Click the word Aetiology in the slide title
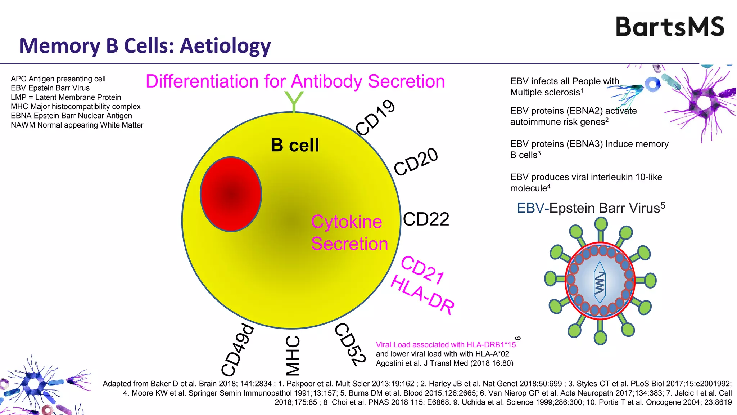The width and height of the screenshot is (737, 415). point(225,46)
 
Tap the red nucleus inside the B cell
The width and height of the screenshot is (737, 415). point(231,194)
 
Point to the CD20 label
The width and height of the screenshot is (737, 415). point(416,162)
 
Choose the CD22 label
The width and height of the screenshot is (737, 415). point(426,219)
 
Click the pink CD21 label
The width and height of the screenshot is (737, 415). point(422,270)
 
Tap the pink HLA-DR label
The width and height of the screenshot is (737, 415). point(422,294)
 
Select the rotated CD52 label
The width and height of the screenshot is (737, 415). point(350,344)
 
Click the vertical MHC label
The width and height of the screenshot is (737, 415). point(293,356)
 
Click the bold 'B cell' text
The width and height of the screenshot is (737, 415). point(295,145)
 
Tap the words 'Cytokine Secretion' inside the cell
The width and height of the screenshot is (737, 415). point(349,233)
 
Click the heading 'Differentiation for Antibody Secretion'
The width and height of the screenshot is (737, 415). point(295,81)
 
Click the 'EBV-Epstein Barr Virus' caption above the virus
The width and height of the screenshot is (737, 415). point(591,208)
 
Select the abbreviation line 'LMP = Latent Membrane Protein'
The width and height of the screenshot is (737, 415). point(66,97)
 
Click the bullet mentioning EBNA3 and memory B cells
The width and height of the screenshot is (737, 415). point(589,149)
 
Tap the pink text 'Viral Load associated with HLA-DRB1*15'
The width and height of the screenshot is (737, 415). point(446,345)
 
